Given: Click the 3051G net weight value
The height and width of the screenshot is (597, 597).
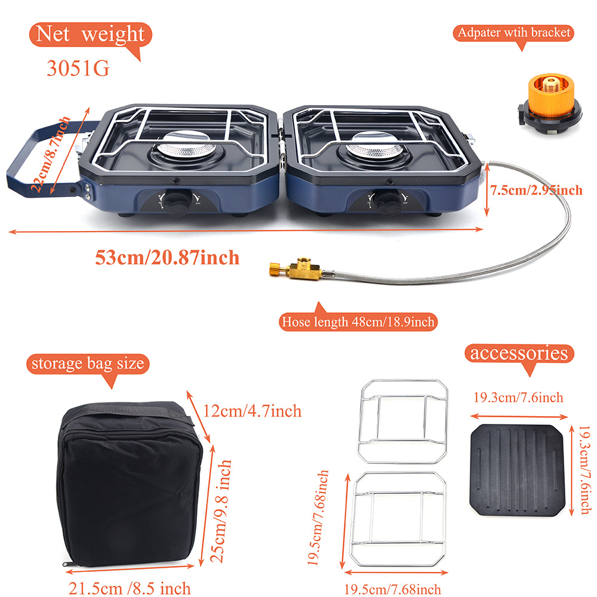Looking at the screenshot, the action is coord(78,68).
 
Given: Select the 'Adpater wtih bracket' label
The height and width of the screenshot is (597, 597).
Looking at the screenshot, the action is coord(514,32).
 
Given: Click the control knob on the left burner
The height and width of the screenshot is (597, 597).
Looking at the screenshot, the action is coord(174,203).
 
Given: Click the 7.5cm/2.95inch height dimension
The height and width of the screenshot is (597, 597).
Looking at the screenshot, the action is coord(536,190).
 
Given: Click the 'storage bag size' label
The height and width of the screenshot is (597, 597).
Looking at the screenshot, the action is coord(87,364).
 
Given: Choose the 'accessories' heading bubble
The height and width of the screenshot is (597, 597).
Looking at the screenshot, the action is coord(518,353).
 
